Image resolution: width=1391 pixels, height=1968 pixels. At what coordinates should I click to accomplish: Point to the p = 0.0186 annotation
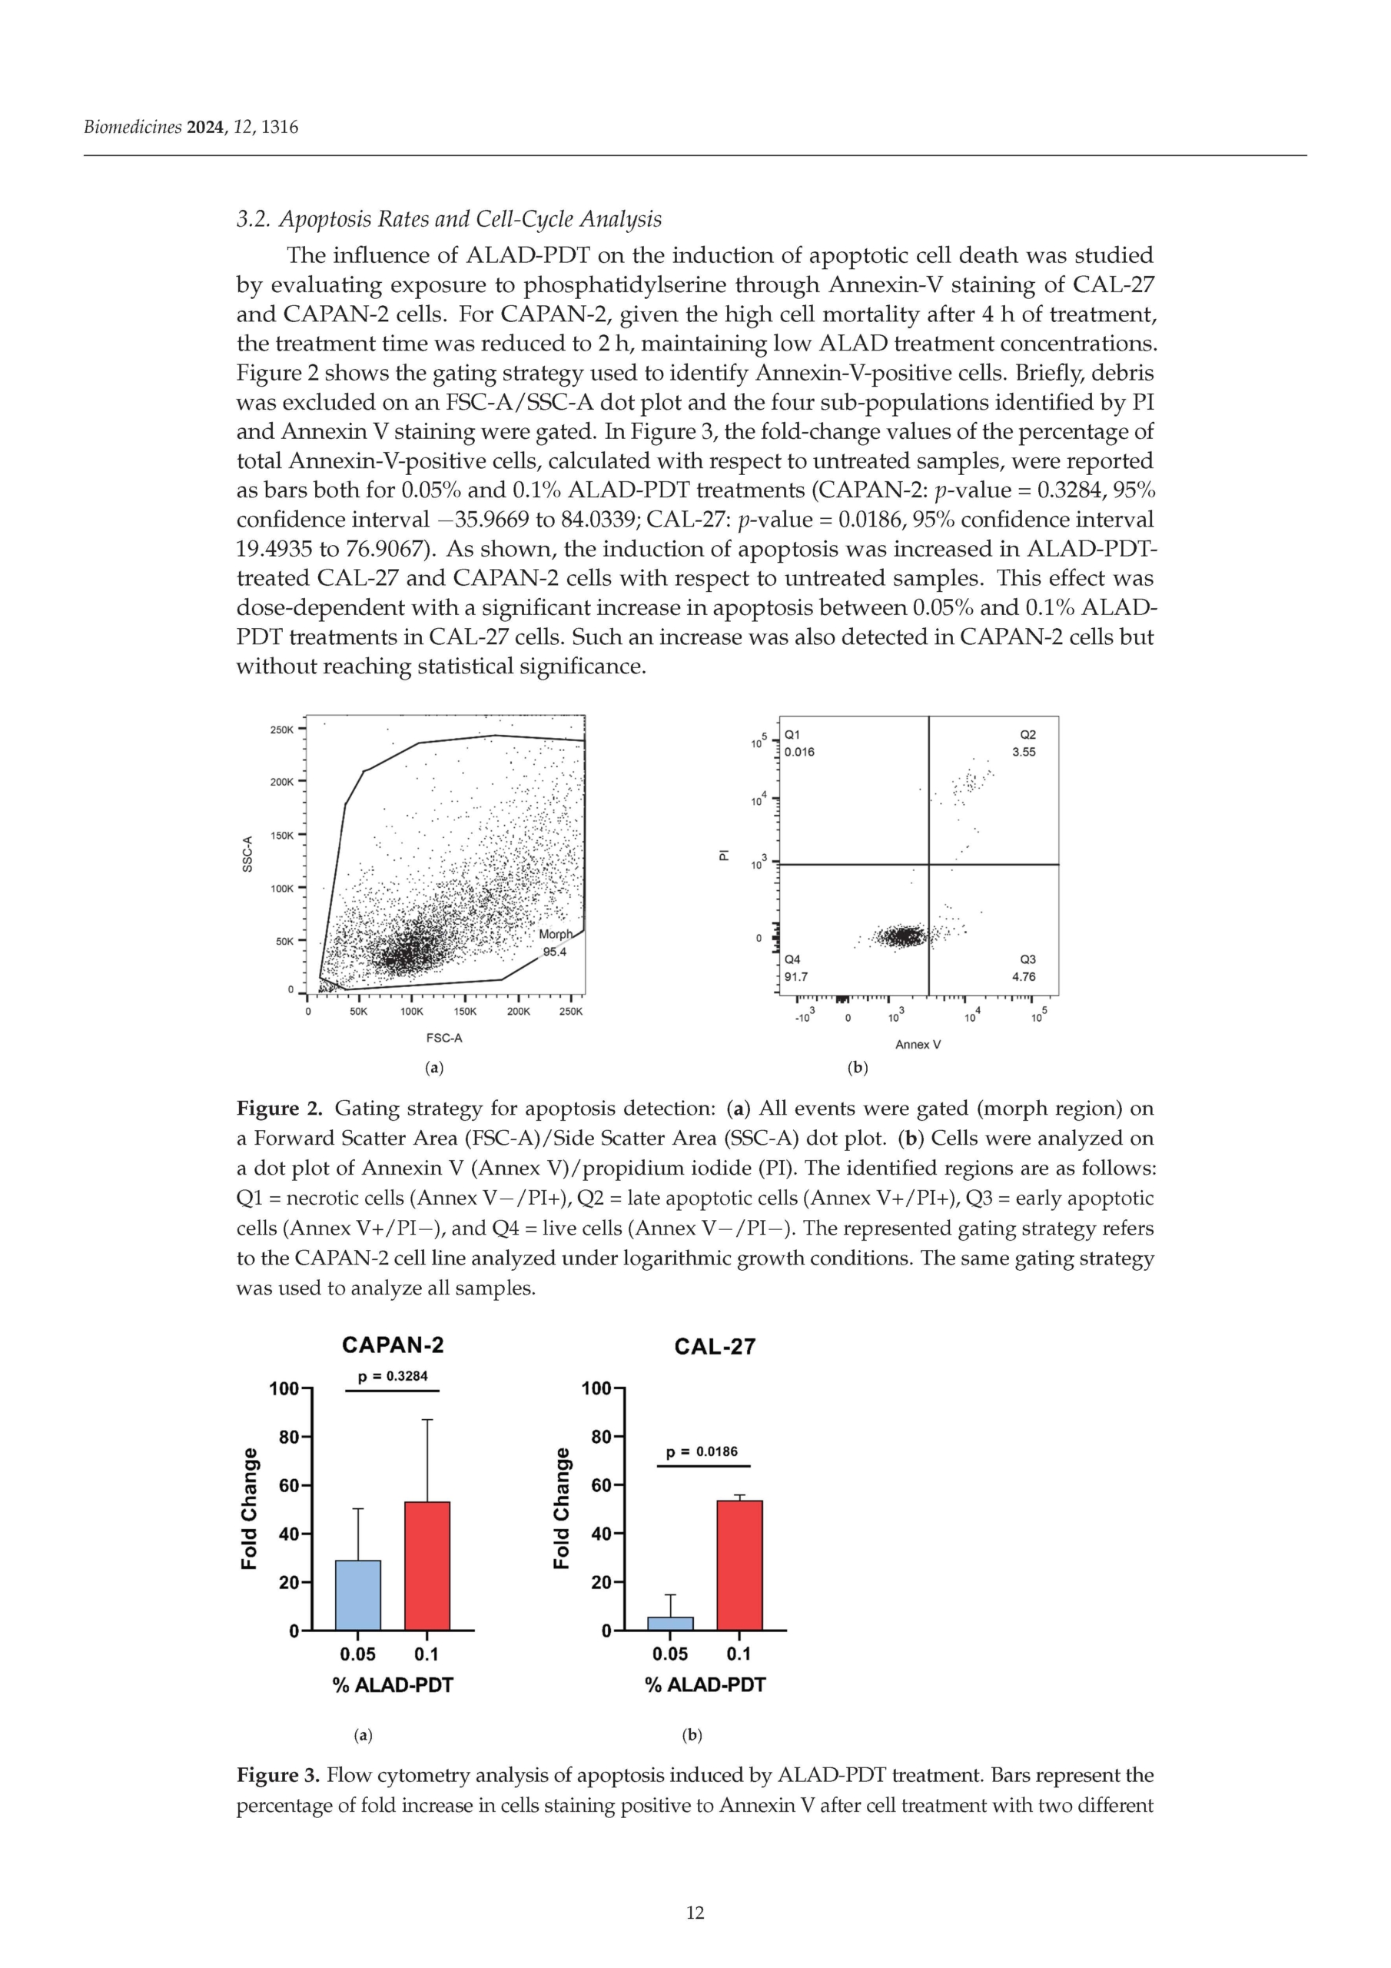(702, 1451)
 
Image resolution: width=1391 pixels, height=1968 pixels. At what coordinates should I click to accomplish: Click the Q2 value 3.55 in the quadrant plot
(1024, 752)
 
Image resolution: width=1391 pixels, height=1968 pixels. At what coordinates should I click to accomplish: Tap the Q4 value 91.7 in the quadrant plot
(796, 976)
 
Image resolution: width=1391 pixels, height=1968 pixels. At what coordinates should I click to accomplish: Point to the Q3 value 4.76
(1024, 976)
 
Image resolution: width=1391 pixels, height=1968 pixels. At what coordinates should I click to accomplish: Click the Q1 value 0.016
(799, 752)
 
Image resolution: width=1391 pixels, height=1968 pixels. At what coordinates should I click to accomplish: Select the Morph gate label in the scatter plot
(556, 934)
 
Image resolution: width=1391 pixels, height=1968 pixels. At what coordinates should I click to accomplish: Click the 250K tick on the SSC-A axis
(282, 730)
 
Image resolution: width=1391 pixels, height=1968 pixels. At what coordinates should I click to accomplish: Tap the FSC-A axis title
(444, 1038)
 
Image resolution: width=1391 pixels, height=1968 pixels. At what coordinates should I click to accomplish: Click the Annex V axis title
(918, 1044)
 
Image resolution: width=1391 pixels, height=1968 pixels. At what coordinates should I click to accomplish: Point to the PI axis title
(724, 855)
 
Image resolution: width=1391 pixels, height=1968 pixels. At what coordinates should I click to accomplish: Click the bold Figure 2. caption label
(280, 1109)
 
